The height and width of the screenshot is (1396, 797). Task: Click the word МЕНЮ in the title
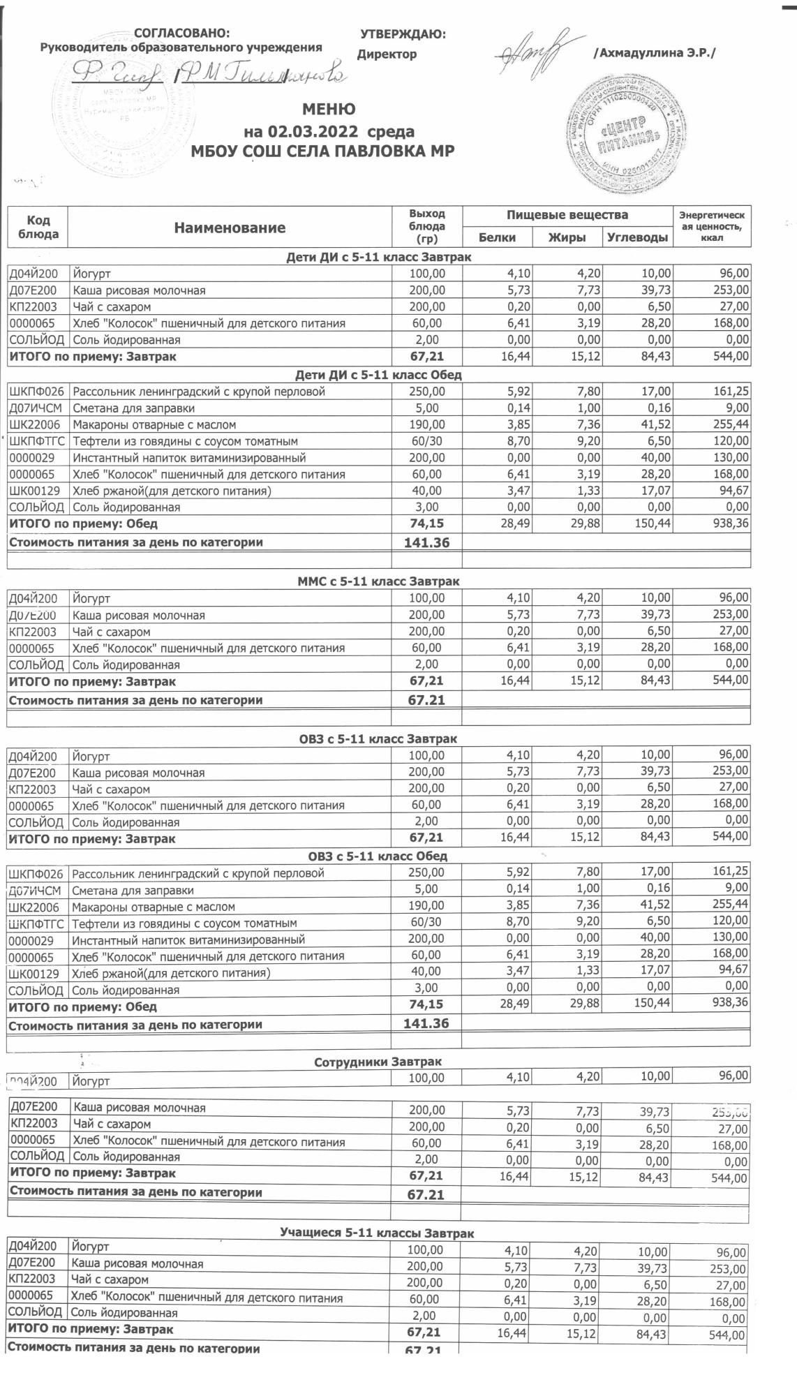pyautogui.click(x=329, y=110)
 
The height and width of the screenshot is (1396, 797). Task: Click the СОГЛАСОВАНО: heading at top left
pyautogui.click(x=181, y=34)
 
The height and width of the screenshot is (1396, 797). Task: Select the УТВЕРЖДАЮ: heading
pyautogui.click(x=403, y=34)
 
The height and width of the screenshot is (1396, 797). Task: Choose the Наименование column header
pyautogui.click(x=230, y=228)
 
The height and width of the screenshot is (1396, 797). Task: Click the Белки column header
pyautogui.click(x=497, y=237)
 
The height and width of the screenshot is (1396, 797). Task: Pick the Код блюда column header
pyautogui.click(x=38, y=228)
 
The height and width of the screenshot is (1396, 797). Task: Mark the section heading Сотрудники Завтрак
pyautogui.click(x=378, y=1062)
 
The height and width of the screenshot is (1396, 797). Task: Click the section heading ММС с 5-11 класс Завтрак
pyautogui.click(x=378, y=581)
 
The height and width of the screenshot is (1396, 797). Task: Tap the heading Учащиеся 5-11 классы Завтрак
pyautogui.click(x=377, y=1233)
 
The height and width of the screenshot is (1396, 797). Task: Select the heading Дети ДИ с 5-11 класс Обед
pyautogui.click(x=378, y=375)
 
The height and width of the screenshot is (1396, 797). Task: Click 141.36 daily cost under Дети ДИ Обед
pyautogui.click(x=427, y=542)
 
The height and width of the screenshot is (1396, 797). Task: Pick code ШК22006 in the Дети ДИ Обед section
pyautogui.click(x=37, y=424)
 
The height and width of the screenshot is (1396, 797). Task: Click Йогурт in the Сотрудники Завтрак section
pyautogui.click(x=91, y=1081)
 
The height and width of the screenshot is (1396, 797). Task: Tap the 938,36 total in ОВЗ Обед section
pyautogui.click(x=726, y=1002)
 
